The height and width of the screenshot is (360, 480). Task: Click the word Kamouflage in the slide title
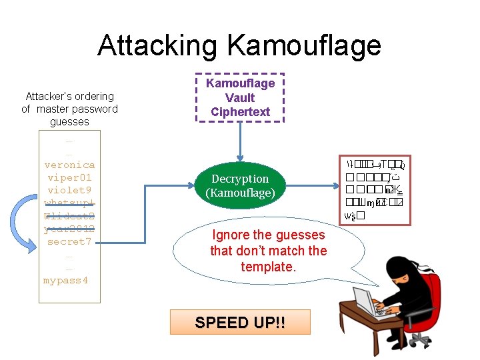(x=304, y=45)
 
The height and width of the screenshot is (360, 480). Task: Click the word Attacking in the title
(x=158, y=45)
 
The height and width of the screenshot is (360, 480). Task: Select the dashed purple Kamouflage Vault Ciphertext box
(x=240, y=97)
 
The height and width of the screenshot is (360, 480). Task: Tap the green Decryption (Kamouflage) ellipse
(x=240, y=185)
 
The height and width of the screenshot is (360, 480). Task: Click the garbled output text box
(x=375, y=189)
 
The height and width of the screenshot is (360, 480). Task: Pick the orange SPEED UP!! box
(x=240, y=322)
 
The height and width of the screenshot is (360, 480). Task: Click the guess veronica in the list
(x=69, y=165)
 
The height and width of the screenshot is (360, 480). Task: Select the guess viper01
(x=69, y=177)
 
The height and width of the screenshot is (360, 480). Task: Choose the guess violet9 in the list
(x=69, y=190)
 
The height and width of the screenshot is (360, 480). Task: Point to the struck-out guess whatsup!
(x=69, y=203)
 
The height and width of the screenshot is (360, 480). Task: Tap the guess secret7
(x=69, y=241)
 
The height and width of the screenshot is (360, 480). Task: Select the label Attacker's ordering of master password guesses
(x=69, y=109)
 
